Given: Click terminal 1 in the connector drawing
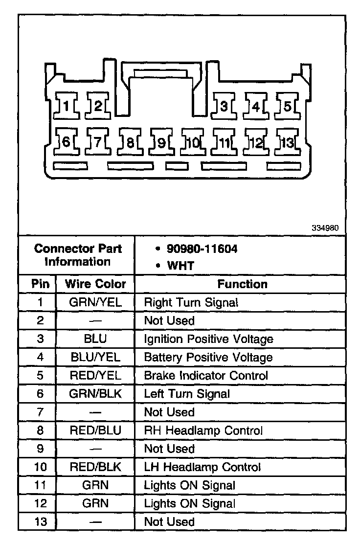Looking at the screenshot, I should [x=67, y=105].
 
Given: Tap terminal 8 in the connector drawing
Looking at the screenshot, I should [x=130, y=142].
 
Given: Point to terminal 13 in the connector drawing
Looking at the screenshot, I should [x=287, y=142].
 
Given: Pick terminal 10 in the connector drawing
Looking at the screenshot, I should [x=192, y=142].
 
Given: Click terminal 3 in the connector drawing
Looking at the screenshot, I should [x=224, y=105].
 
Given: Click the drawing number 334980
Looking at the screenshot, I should [x=325, y=228].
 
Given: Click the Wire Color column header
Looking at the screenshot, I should [x=95, y=284].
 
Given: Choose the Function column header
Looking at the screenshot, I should [x=242, y=284].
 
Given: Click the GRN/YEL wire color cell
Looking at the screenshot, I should [x=95, y=302].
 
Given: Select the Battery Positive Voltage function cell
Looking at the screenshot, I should [x=208, y=357].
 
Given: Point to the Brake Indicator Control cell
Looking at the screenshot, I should [x=206, y=376].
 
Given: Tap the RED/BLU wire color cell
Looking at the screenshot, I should [x=95, y=430].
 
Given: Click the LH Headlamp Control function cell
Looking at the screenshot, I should [x=202, y=467].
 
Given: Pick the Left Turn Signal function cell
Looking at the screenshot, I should [x=187, y=394].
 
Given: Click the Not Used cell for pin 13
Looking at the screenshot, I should [x=169, y=522].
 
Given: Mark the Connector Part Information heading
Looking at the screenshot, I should [x=78, y=254].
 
